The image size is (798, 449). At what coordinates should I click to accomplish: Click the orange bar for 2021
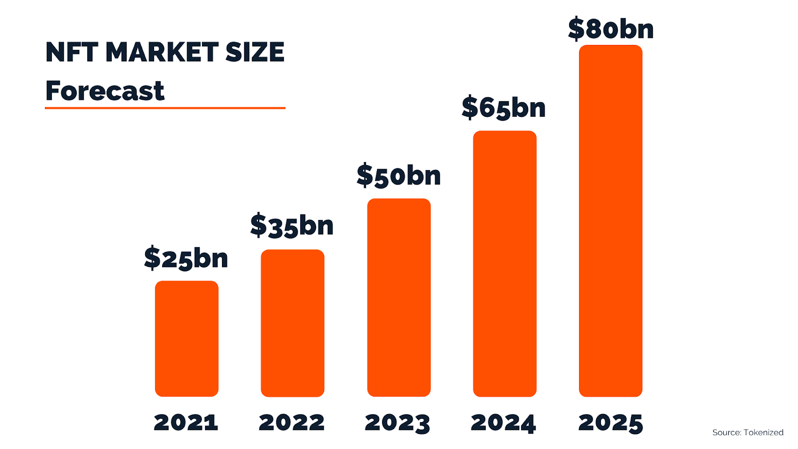click(x=187, y=339)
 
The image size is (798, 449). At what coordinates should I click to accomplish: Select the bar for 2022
click(x=292, y=323)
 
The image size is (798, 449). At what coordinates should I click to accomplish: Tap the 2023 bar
click(x=399, y=298)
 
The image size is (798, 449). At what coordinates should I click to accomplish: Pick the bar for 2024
click(x=505, y=264)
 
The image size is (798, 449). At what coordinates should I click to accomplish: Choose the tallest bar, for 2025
click(x=610, y=221)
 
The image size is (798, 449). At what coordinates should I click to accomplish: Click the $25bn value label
click(x=186, y=258)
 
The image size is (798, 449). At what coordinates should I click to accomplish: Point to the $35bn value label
click(x=292, y=225)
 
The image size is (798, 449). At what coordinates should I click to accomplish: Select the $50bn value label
click(x=399, y=176)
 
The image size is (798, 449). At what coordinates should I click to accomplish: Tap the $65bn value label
click(x=504, y=108)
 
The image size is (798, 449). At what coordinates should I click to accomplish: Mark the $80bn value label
click(x=610, y=29)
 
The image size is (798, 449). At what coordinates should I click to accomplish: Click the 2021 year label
click(x=186, y=423)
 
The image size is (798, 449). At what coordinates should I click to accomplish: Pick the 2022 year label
click(x=292, y=423)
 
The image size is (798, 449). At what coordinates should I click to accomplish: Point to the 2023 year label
click(x=398, y=423)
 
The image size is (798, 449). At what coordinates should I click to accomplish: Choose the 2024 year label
click(x=503, y=423)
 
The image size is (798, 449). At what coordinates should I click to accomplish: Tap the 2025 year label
click(x=610, y=423)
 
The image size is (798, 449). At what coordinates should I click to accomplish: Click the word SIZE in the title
click(x=255, y=52)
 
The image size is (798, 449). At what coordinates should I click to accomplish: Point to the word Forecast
click(x=105, y=91)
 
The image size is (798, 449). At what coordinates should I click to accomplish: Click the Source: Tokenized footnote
click(x=748, y=433)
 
